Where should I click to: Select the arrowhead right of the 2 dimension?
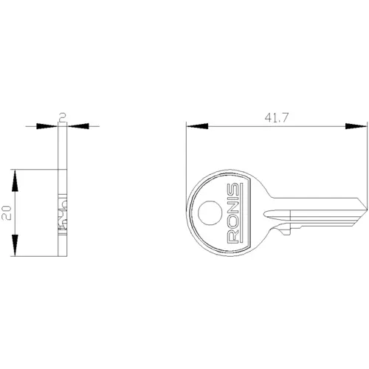75,126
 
